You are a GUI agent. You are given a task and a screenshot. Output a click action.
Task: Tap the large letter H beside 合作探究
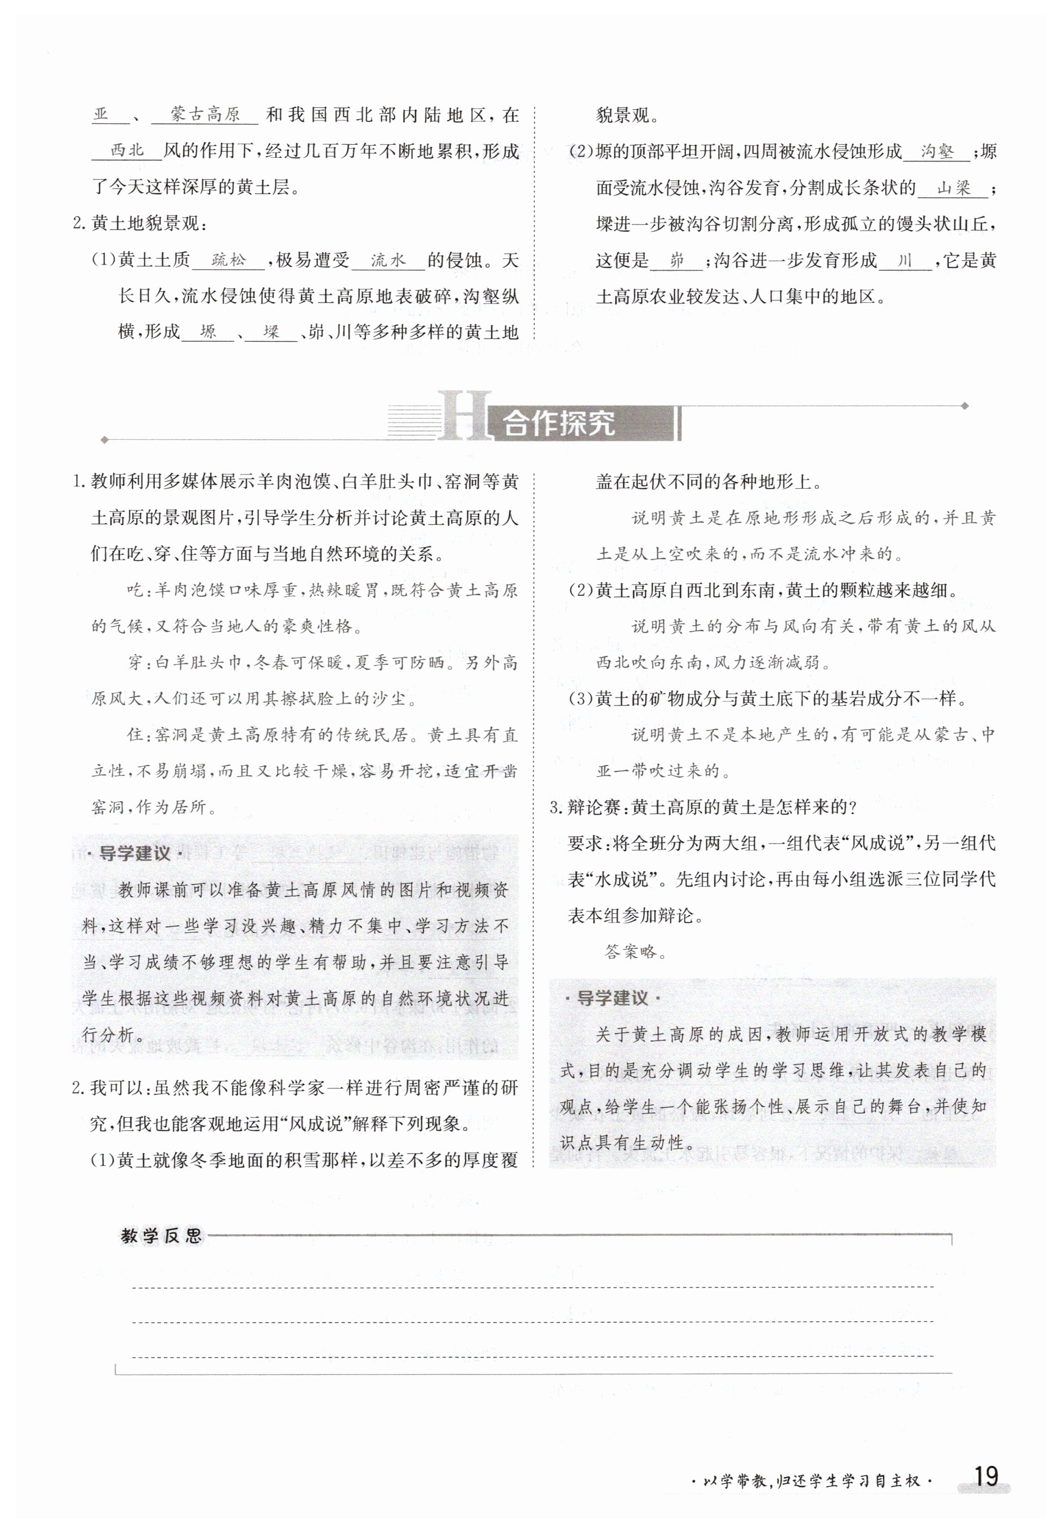464,416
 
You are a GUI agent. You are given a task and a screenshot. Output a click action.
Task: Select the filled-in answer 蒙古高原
205,114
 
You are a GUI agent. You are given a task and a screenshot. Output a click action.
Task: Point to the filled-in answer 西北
127,150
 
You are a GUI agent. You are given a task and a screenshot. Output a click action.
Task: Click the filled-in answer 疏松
228,260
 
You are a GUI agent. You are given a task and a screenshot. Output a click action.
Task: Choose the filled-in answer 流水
387,260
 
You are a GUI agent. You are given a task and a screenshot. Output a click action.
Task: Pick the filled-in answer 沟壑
937,152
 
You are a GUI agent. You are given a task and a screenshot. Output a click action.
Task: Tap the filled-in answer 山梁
953,188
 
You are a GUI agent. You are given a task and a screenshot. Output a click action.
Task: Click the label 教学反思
161,1236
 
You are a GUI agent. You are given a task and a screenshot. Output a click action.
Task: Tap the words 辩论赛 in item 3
596,807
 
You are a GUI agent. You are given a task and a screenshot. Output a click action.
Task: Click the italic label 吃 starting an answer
135,590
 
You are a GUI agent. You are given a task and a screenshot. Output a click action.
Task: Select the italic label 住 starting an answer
135,735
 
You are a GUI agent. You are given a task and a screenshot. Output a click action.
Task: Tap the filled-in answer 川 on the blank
904,260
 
